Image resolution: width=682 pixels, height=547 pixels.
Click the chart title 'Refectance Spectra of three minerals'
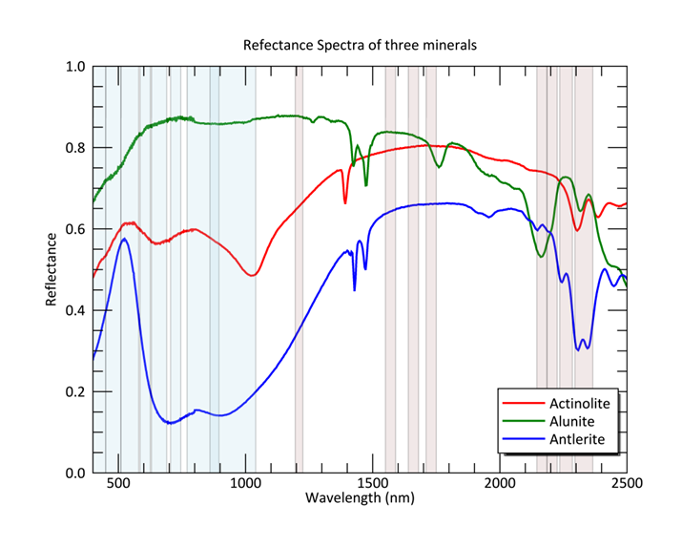(x=360, y=45)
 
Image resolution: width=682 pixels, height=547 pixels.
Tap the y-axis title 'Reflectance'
(x=52, y=269)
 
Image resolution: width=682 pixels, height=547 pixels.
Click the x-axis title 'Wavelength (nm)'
(x=359, y=498)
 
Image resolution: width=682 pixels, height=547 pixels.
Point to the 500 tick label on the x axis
(x=118, y=484)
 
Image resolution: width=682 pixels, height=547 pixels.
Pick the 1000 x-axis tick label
(x=246, y=484)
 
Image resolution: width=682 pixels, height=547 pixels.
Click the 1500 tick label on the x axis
(x=373, y=484)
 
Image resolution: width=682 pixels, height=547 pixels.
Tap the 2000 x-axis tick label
(x=501, y=484)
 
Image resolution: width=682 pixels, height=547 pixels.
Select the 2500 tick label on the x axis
(x=627, y=484)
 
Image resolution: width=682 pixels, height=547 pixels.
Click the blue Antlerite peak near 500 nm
(x=124, y=239)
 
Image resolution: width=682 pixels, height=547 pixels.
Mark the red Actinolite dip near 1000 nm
(x=252, y=276)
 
